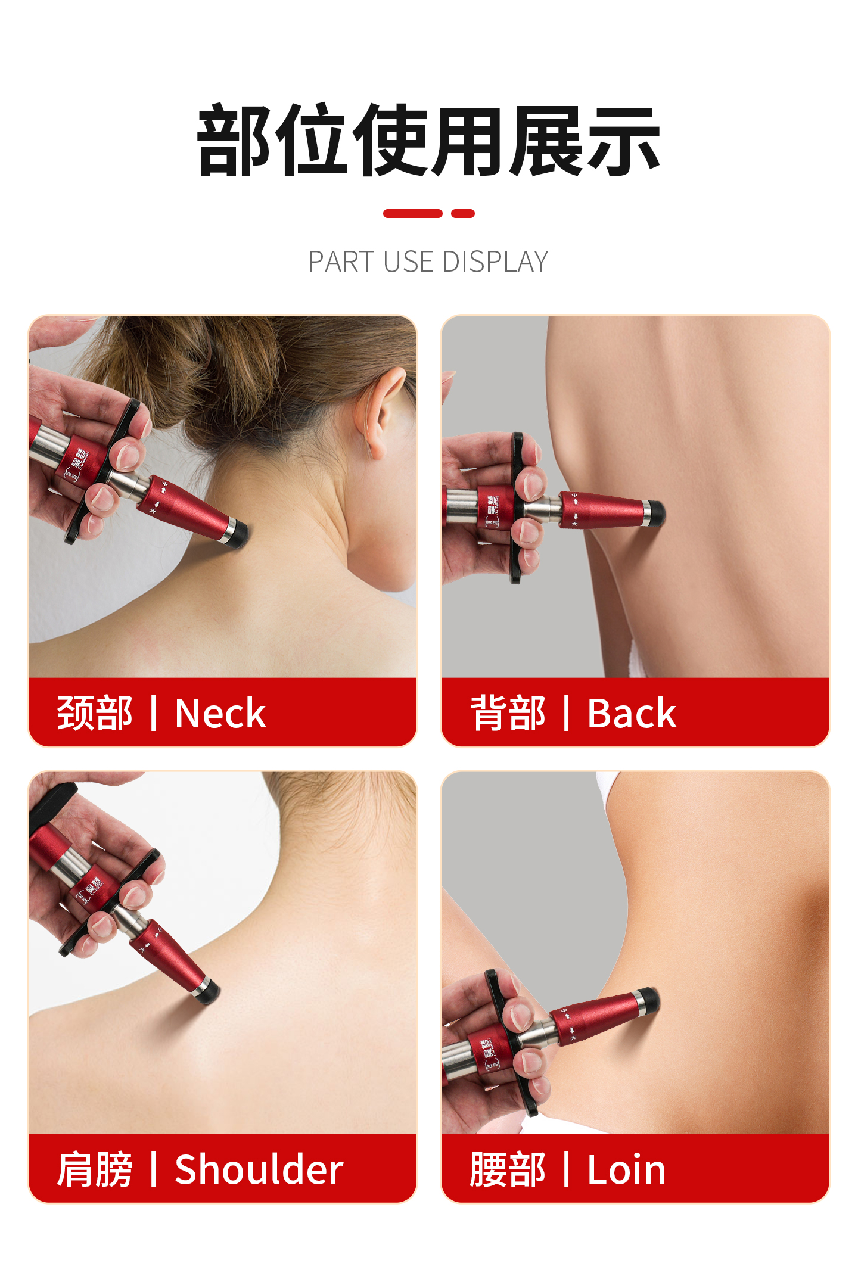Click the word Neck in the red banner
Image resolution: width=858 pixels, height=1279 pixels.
(x=220, y=713)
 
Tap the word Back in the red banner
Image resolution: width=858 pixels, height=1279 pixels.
(x=632, y=713)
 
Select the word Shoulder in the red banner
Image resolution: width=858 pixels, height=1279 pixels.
(x=259, y=1169)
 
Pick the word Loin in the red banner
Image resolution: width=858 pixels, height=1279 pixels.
(x=626, y=1169)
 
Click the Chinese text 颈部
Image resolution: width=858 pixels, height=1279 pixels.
(x=95, y=713)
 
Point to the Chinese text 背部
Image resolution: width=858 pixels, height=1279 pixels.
(x=508, y=713)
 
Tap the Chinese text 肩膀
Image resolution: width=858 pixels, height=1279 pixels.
(x=95, y=1169)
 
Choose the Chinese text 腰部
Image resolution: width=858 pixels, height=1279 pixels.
(x=508, y=1169)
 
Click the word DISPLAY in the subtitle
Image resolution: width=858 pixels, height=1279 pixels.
(x=495, y=262)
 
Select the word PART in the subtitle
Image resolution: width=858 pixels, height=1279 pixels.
(x=341, y=262)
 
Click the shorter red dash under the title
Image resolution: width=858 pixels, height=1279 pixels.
(x=463, y=213)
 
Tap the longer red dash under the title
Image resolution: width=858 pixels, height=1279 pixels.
(x=413, y=213)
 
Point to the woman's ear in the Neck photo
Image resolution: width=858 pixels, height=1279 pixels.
(x=383, y=411)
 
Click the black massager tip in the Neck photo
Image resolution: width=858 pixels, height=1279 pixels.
(x=239, y=534)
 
